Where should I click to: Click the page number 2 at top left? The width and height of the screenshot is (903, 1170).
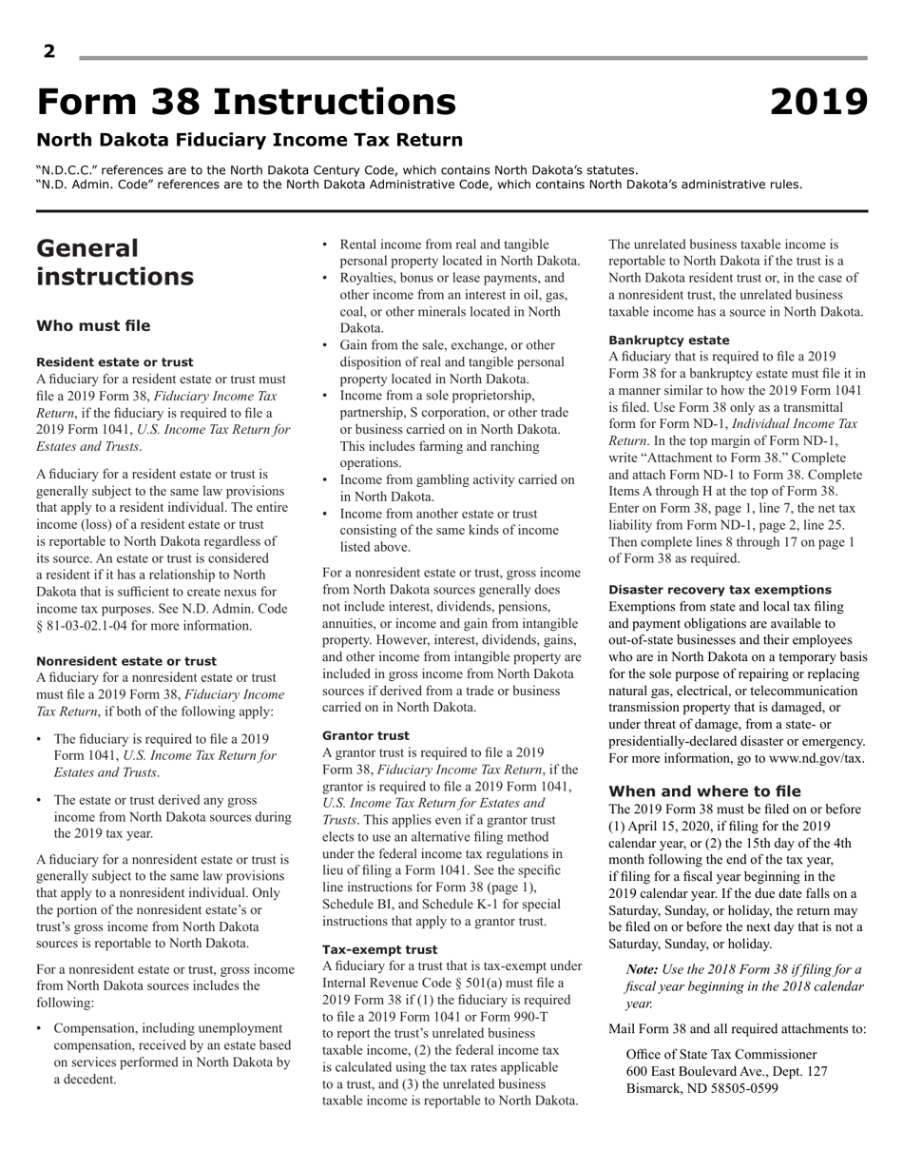(49, 52)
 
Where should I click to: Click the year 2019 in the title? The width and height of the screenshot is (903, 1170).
(817, 102)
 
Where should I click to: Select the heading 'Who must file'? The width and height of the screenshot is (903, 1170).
(93, 326)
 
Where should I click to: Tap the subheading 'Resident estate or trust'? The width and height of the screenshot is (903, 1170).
(114, 362)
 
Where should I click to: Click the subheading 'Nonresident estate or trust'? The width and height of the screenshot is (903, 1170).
(126, 661)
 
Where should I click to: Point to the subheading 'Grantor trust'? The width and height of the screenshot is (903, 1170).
(366, 735)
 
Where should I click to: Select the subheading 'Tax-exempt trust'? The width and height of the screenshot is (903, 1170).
(380, 949)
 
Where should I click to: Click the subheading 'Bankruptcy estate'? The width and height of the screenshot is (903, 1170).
(669, 340)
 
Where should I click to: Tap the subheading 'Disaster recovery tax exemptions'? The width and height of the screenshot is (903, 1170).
(720, 590)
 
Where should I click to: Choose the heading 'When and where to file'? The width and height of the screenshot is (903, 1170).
(704, 791)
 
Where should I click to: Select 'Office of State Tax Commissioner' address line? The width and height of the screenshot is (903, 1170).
(721, 1054)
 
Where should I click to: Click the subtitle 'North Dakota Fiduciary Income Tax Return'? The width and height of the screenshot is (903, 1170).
(249, 141)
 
